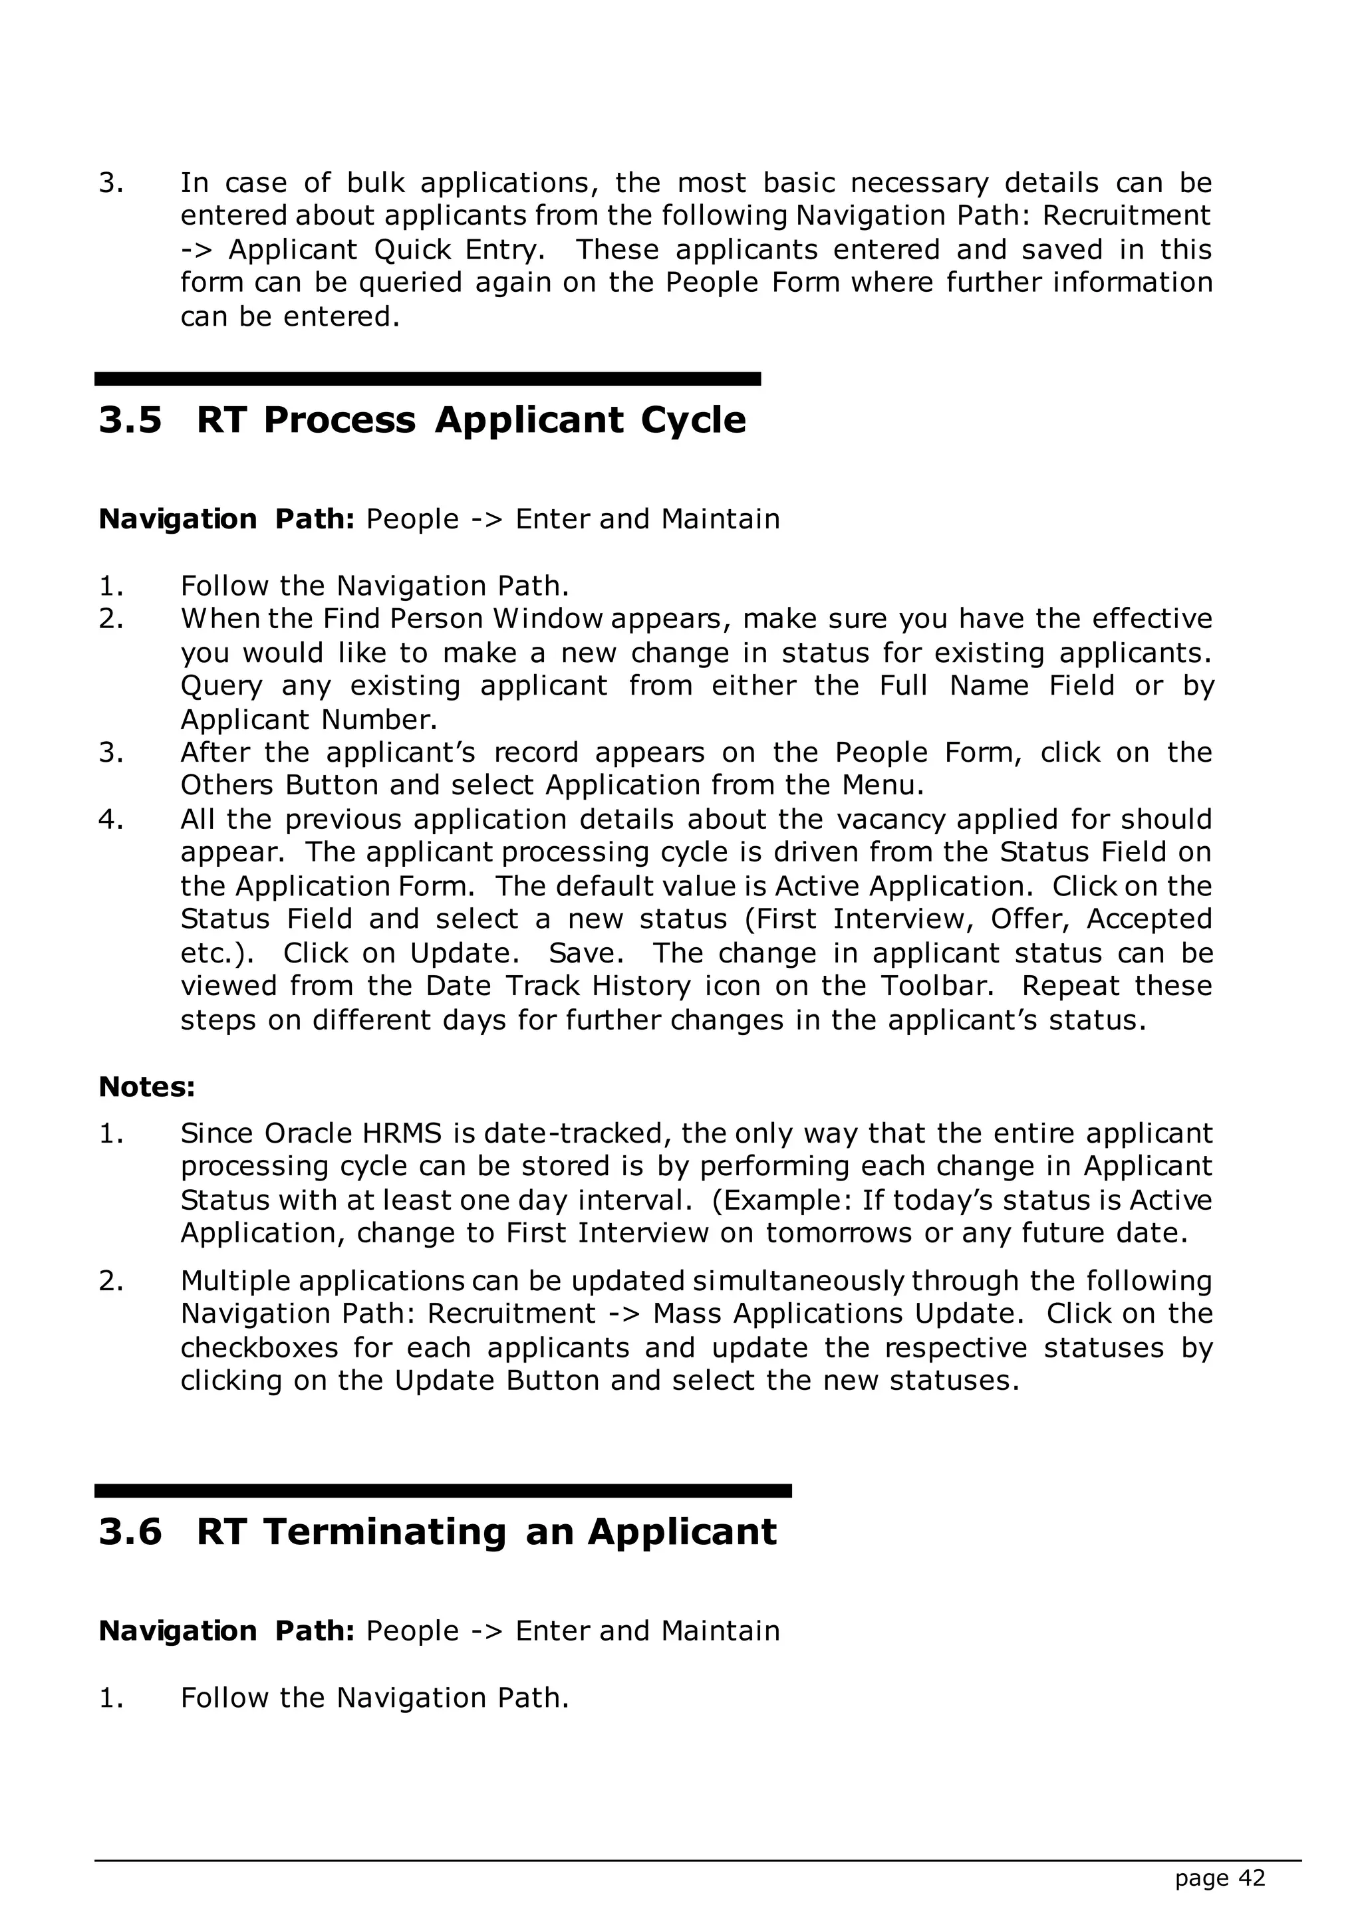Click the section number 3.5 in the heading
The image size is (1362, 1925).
[x=130, y=420]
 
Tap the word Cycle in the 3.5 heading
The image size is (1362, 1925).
[x=693, y=420]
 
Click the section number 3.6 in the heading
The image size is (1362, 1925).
[x=130, y=1531]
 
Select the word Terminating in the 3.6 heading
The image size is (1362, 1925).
[x=385, y=1531]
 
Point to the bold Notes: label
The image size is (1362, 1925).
[x=147, y=1087]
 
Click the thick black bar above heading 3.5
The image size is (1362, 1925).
[x=427, y=379]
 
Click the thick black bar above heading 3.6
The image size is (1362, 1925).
[x=443, y=1491]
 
